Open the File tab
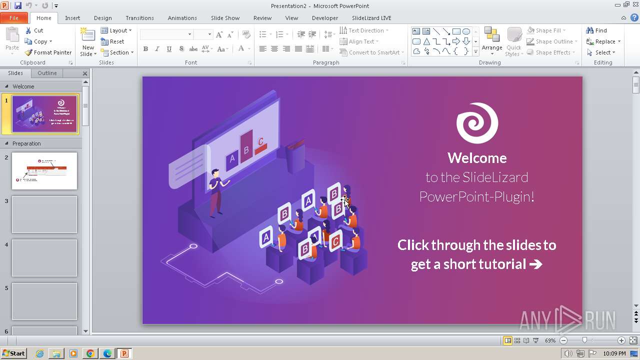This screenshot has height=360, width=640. tap(14, 18)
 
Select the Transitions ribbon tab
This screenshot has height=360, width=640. tap(139, 18)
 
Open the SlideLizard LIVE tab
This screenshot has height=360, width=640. tap(371, 18)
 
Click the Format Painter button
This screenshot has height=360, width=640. tap(48, 52)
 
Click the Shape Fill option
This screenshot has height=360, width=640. tap(544, 30)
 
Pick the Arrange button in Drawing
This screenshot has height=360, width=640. tap(492, 40)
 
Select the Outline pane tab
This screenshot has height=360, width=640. tap(47, 73)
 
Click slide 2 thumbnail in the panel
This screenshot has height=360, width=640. tap(44, 171)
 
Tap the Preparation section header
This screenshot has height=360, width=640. tap(26, 143)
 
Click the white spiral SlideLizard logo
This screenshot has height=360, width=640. tap(477, 123)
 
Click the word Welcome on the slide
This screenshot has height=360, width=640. tap(477, 158)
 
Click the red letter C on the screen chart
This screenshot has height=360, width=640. tap(260, 141)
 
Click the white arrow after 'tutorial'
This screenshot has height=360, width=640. tap(535, 264)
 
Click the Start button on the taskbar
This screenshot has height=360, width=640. tap(13, 353)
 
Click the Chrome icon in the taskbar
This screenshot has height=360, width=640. tap(90, 353)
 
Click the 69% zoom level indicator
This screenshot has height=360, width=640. tap(550, 340)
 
